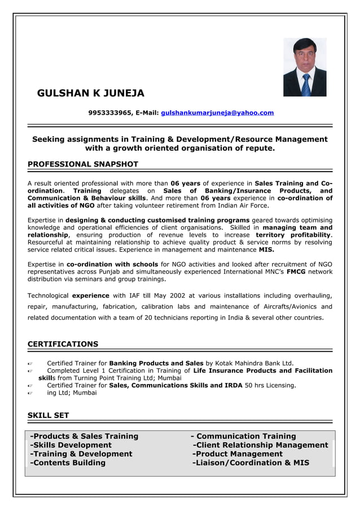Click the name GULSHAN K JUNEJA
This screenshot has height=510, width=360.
point(90,93)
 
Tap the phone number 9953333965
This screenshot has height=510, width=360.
point(110,113)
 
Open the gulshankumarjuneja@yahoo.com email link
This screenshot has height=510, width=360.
point(217,113)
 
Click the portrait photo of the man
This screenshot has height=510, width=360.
point(305,67)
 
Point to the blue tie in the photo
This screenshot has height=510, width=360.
point(306,85)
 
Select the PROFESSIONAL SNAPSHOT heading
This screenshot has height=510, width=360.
point(83,164)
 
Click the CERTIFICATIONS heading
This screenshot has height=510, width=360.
point(63,344)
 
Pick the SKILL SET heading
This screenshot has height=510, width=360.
point(49,415)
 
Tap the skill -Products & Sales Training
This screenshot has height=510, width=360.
point(84,436)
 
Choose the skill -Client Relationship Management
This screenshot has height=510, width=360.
point(260,445)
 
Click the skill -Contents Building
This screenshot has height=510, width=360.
point(68,463)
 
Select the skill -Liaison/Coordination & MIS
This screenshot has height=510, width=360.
point(251,463)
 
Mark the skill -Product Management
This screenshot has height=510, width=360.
point(238,454)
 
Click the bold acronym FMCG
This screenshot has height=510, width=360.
point(296,272)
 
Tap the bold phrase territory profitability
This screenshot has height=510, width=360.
point(293,234)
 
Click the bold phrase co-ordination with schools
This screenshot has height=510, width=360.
point(112,264)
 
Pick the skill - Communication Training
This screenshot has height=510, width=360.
point(243,436)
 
